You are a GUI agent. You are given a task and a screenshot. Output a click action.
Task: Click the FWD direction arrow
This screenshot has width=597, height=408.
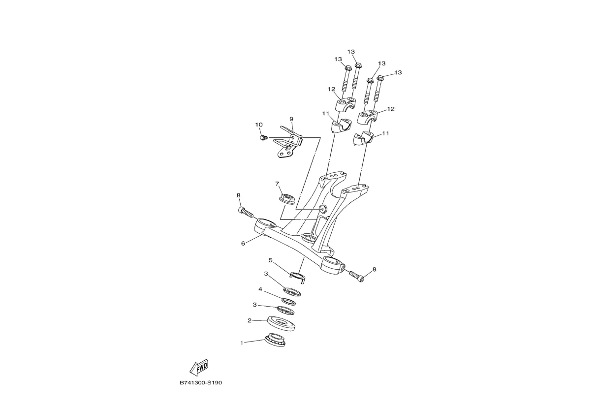pyautogui.click(x=199, y=368)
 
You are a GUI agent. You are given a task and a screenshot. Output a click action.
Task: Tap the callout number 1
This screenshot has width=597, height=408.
pyautogui.click(x=242, y=343)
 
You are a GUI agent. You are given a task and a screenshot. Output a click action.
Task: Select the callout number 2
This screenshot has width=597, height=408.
pyautogui.click(x=250, y=320)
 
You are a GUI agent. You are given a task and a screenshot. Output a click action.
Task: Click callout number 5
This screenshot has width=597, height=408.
pyautogui.click(x=270, y=260)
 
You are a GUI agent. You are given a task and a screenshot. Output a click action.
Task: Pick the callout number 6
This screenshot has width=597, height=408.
pyautogui.click(x=243, y=243)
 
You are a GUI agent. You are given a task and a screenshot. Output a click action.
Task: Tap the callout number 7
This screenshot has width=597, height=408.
pyautogui.click(x=277, y=184)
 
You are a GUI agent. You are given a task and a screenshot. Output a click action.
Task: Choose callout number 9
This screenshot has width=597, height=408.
pyautogui.click(x=291, y=119)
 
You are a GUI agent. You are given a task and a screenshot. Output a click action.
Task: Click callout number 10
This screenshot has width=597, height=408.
pyautogui.click(x=259, y=125)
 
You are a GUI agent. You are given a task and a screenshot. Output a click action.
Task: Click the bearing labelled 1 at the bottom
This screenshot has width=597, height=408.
pyautogui.click(x=275, y=340)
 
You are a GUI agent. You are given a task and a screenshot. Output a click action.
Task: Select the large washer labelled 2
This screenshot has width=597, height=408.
pyautogui.click(x=281, y=323)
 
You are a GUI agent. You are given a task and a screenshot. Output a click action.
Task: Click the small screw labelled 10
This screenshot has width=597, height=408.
pyautogui.click(x=263, y=138)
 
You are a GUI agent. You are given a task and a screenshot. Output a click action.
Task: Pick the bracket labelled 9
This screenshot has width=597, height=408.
pyautogui.click(x=288, y=143)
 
